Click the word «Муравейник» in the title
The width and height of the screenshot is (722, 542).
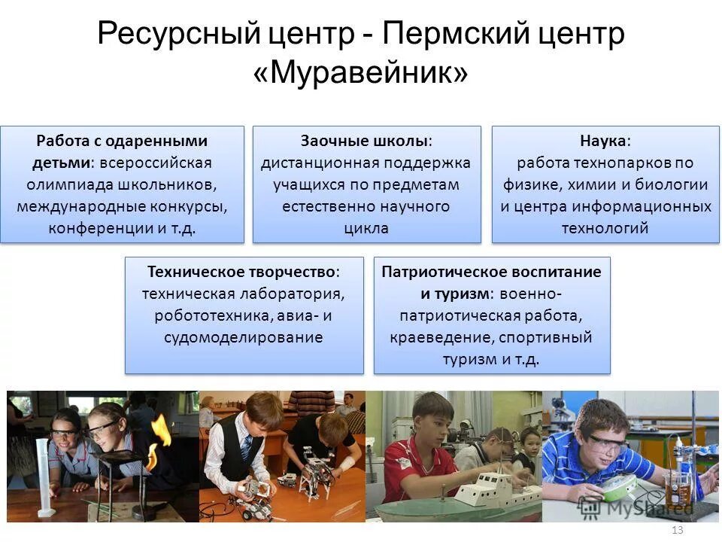(x=361, y=73)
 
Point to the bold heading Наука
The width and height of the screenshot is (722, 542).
(x=604, y=141)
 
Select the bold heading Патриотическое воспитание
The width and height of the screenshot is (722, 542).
(x=491, y=272)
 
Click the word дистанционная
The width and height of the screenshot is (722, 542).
(x=320, y=163)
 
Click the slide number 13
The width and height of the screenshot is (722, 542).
(x=676, y=531)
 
